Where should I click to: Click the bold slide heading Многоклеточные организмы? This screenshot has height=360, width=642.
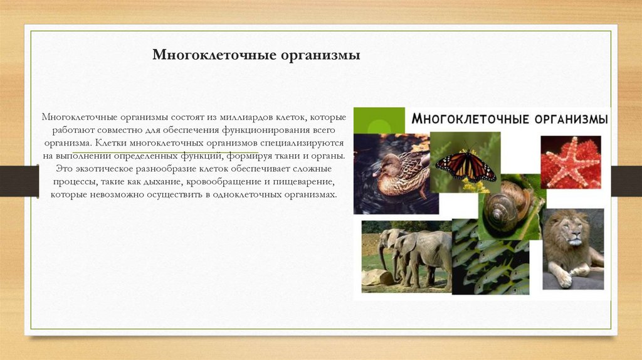(256, 56)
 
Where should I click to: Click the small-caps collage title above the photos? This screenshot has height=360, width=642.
(508, 119)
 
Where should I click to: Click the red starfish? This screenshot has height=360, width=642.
(569, 162)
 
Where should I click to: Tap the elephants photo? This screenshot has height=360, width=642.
(406, 257)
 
